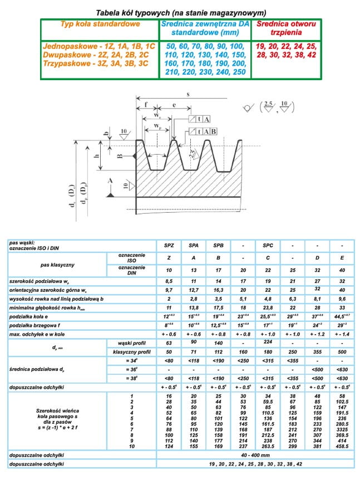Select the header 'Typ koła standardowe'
100,25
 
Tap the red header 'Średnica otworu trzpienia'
286,29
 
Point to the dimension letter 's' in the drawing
188,95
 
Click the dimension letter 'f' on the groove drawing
145,104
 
